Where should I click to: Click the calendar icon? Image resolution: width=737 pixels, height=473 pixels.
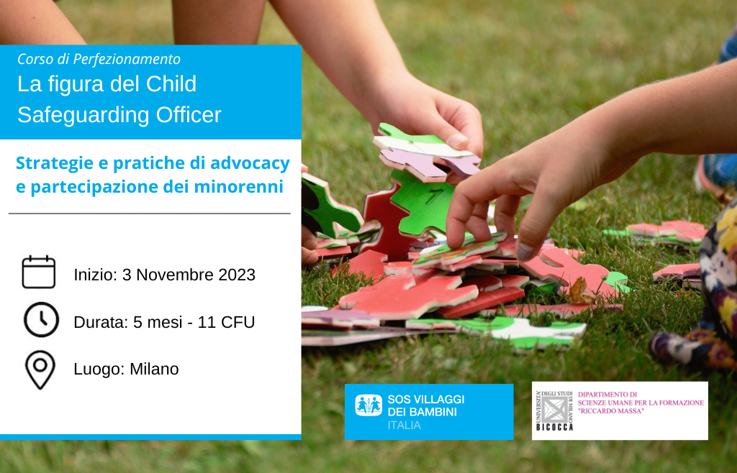(x=39, y=272)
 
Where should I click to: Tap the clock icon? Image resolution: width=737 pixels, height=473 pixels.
(x=41, y=320)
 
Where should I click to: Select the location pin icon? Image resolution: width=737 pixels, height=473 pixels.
(x=40, y=369)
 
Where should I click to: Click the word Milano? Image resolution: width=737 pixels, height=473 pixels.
(x=154, y=369)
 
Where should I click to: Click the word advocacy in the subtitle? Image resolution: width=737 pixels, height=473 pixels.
(x=250, y=163)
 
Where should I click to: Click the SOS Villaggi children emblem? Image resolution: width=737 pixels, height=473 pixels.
(x=368, y=405)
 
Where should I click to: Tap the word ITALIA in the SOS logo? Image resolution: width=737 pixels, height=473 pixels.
(x=404, y=425)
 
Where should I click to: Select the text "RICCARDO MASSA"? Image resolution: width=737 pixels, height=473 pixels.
(x=611, y=411)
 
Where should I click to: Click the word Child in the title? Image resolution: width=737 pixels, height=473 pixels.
(x=171, y=84)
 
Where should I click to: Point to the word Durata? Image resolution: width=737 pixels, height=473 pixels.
(x=101, y=322)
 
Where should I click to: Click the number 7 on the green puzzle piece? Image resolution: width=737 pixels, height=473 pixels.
(x=432, y=197)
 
